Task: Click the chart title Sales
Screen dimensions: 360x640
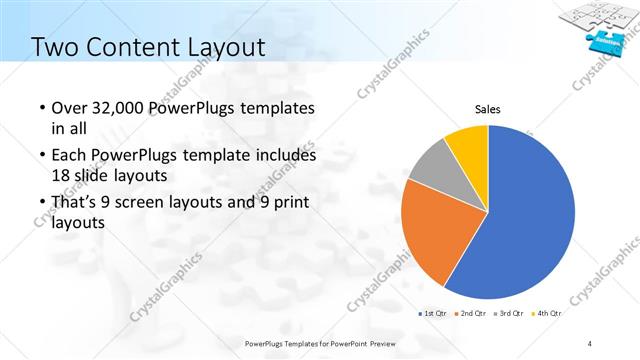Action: coord(487,109)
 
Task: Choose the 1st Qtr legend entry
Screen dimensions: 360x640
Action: coord(434,314)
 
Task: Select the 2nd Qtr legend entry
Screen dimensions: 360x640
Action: coord(473,314)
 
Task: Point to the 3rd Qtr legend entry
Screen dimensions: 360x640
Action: coord(511,314)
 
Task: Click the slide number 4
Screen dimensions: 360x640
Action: coord(592,343)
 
